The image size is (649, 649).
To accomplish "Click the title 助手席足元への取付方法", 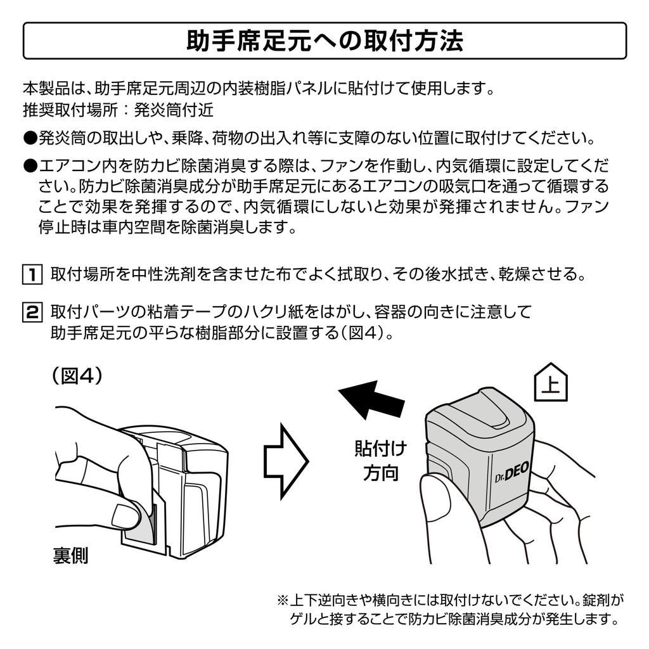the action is coord(324,42).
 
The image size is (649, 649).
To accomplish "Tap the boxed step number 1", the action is coord(30,274).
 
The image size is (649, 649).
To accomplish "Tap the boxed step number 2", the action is coord(30,312).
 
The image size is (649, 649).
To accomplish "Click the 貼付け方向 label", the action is coord(380,461).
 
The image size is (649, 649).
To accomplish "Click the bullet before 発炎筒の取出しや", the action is coord(30,138).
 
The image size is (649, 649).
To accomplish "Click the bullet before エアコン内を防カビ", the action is coord(30,167).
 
